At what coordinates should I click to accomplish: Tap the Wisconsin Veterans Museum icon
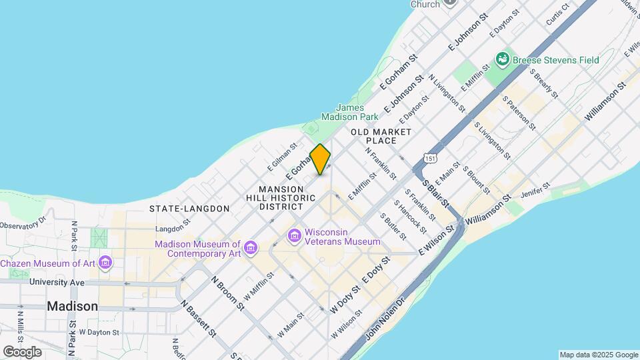[x=294, y=236]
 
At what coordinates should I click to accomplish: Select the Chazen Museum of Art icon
[x=105, y=263]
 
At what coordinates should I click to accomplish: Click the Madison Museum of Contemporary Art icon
[x=251, y=249]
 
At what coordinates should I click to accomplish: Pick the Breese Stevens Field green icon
[x=502, y=61]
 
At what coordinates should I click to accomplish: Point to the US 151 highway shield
[x=430, y=159]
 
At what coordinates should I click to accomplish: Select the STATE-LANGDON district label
[x=189, y=209]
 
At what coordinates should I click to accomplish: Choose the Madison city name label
[x=73, y=306]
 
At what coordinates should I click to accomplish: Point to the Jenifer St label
[x=536, y=191]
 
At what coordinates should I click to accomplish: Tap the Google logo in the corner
[x=22, y=351]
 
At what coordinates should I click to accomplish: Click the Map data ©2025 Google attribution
[x=598, y=355]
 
